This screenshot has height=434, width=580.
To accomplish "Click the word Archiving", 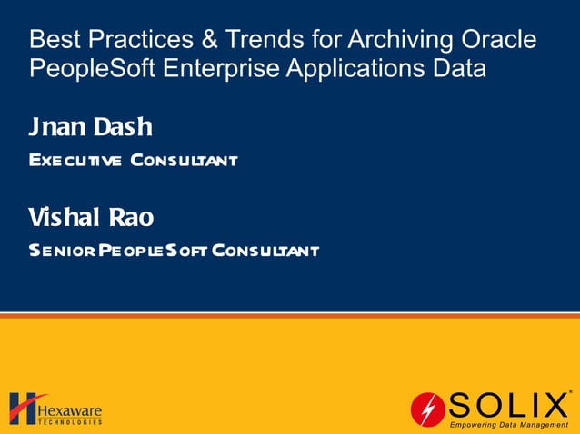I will (375, 40).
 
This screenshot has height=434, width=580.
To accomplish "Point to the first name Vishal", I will (65, 218).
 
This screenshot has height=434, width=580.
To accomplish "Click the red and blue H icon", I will (23, 409).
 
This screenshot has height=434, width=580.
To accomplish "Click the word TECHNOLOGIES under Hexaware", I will (71, 421).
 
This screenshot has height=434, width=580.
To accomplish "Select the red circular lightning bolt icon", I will (427, 409).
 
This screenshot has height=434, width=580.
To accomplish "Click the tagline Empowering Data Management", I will (509, 424).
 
